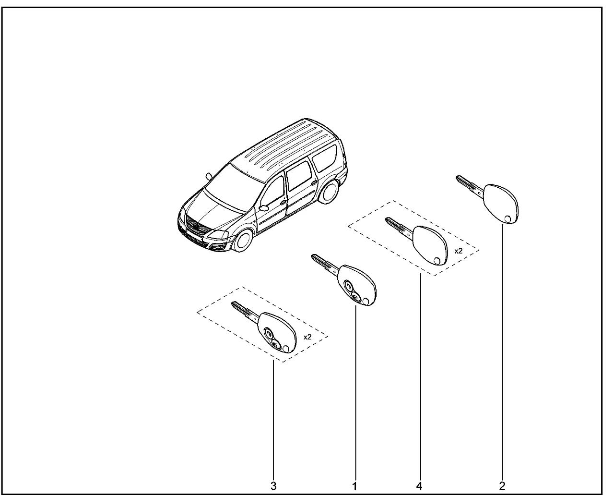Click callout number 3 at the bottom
tap(273, 486)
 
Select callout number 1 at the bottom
tap(355, 486)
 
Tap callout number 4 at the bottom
tap(419, 486)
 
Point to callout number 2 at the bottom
tap(502, 486)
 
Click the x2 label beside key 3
tap(307, 337)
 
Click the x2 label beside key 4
tap(458, 251)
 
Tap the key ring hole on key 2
tap(508, 219)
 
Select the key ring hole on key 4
tap(437, 261)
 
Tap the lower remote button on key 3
tap(276, 344)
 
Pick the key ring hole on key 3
tap(286, 349)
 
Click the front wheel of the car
tap(243, 241)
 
